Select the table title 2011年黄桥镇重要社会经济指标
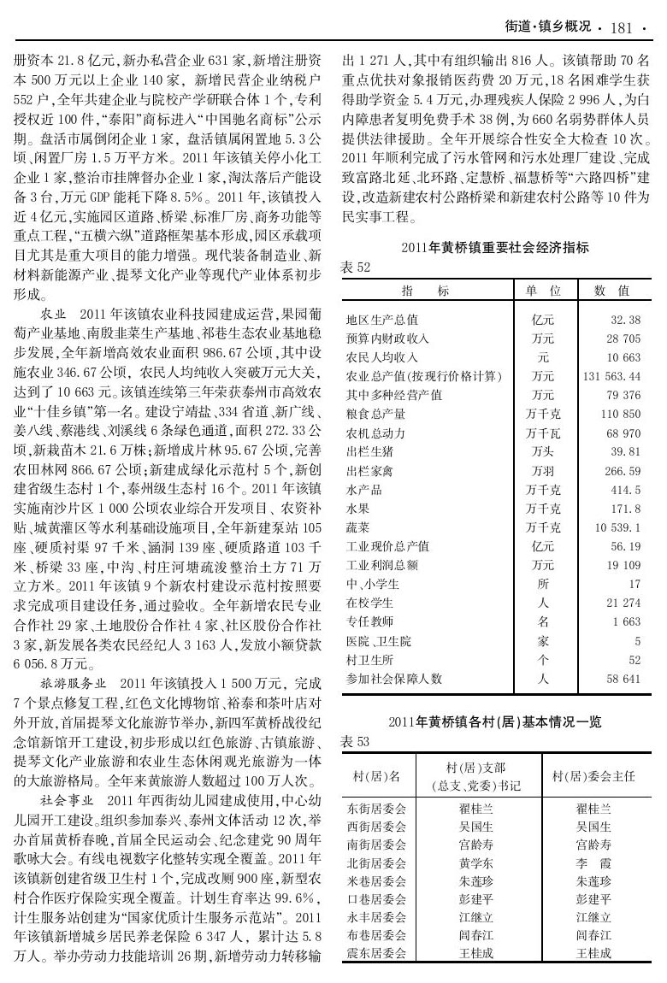pyautogui.click(x=495, y=248)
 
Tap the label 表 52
pyautogui.click(x=355, y=268)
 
